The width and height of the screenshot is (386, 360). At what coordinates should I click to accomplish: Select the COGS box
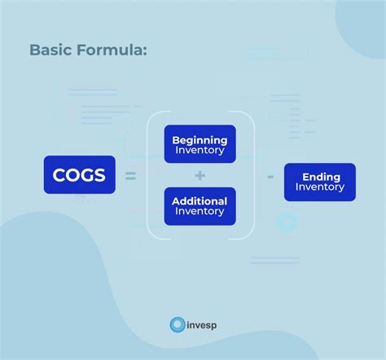coord(79,174)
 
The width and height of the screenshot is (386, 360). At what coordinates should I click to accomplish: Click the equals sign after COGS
coord(130,175)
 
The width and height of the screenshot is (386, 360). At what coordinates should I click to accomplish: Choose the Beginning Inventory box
coord(200,144)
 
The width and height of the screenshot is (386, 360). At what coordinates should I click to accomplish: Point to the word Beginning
coord(200,139)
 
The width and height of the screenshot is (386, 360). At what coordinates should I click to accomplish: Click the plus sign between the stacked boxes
coord(200,175)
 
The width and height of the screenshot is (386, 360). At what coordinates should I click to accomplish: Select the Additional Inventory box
coord(200,206)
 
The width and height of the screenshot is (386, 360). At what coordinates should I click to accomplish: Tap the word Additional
coord(200,200)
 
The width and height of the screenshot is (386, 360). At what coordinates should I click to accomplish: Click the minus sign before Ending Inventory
coord(270,175)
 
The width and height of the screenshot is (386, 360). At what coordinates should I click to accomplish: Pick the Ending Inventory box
coord(319,182)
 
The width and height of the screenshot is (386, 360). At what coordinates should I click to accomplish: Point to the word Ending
coord(320,176)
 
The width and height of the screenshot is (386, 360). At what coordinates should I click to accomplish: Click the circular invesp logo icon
coord(177,325)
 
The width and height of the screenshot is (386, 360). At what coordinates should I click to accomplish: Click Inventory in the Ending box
coord(320,187)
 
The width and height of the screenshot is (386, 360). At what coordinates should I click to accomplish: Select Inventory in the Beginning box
coord(200,151)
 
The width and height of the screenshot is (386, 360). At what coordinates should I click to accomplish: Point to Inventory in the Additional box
coord(200,212)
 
